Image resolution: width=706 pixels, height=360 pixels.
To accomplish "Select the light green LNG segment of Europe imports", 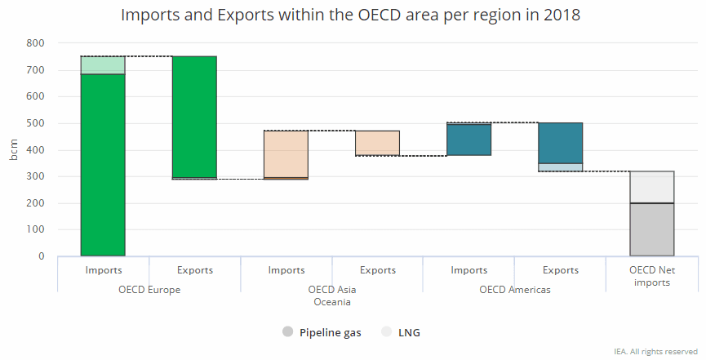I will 104,64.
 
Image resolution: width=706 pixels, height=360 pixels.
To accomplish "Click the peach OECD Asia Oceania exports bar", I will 377,143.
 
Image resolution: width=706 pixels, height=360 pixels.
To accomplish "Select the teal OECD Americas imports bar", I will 468,139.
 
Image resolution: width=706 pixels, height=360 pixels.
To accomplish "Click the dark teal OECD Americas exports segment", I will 560,143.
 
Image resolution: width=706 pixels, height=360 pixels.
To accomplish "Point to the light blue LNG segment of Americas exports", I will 560,167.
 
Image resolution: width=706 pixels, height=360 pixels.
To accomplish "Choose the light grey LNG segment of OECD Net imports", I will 651,187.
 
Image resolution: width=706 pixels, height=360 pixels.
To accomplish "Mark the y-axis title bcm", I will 13,149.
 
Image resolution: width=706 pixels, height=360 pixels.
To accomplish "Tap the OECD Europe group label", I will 149,290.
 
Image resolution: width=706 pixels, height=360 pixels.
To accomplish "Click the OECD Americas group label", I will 514,290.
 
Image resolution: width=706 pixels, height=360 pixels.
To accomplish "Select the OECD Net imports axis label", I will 650,276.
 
